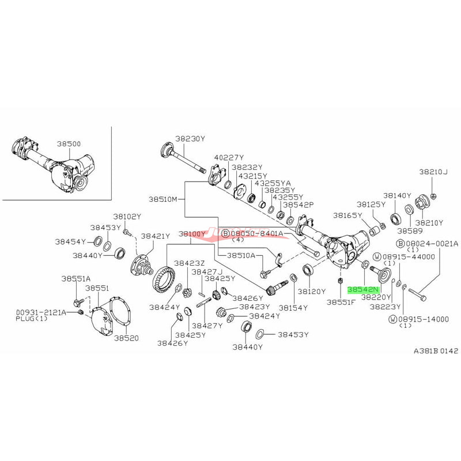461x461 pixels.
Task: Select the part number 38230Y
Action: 190,138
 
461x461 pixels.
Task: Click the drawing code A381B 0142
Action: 436,350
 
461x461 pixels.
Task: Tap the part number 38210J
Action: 433,172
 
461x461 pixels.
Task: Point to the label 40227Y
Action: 213,157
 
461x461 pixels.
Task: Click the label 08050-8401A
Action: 257,233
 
